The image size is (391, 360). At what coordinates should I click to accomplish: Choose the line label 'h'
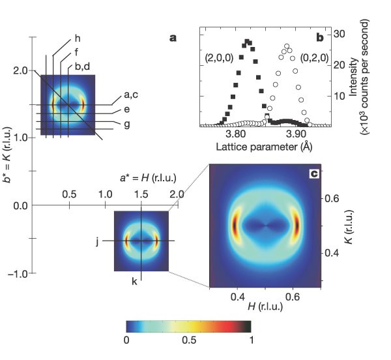click(x=78, y=37)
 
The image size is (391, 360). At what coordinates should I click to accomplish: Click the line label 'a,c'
click(x=132, y=97)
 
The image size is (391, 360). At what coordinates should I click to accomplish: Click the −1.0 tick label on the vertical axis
click(x=18, y=273)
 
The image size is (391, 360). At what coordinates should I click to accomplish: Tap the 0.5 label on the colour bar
click(x=188, y=340)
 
